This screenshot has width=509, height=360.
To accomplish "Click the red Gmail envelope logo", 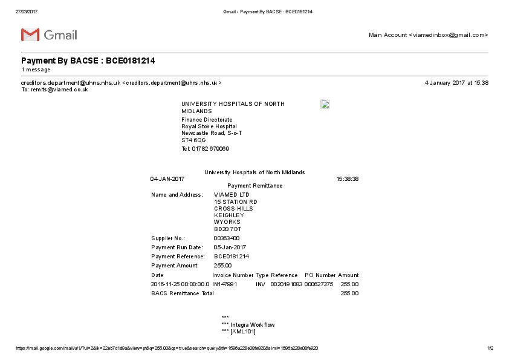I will click(x=30, y=35).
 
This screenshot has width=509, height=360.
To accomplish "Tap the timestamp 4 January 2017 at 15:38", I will click(x=456, y=83).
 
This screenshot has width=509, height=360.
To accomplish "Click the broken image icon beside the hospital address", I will click(x=325, y=104).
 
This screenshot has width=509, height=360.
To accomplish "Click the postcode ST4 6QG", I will click(x=193, y=140).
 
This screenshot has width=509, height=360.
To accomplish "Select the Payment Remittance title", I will click(x=254, y=186).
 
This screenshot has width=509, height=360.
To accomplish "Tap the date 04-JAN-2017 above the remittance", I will click(x=167, y=179).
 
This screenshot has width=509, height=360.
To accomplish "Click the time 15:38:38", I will click(x=347, y=179).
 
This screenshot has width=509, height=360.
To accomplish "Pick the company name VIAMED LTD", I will click(x=232, y=195).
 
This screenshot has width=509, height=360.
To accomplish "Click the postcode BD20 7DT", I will click(x=228, y=229).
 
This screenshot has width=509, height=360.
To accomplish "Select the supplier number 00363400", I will click(x=227, y=238).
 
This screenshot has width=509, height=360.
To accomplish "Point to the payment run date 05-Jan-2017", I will click(x=230, y=247).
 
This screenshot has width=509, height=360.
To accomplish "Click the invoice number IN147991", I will click(x=224, y=284).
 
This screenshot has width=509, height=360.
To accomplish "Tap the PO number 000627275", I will click(x=319, y=284).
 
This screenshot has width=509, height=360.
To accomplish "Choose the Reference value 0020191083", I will click(x=286, y=284).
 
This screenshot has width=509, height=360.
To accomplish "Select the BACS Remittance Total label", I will click(x=183, y=293).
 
